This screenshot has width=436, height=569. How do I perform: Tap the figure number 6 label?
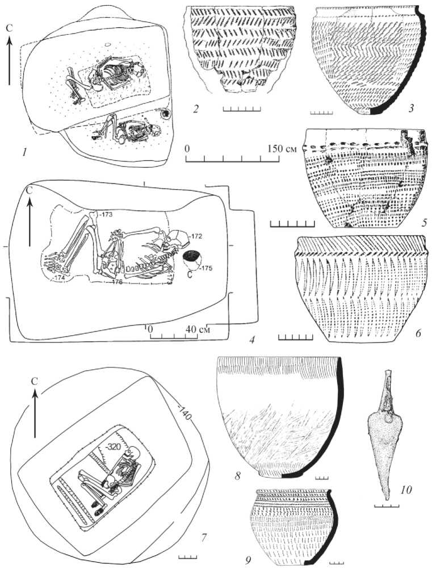coord(417,334)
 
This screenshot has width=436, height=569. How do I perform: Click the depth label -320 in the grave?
coord(116,446)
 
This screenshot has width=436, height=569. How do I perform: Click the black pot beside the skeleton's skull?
coord(189,258)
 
